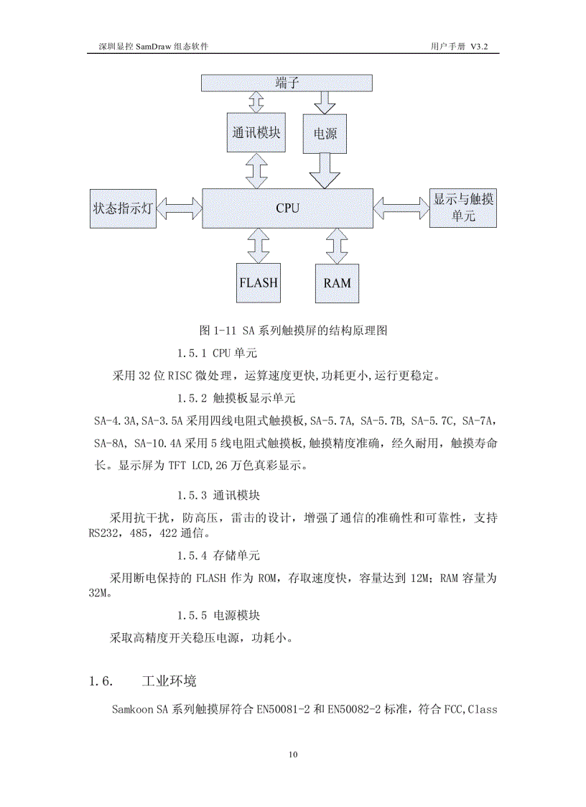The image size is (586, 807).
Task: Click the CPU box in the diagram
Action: pos(287,208)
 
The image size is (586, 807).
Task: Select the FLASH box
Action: pos(258,282)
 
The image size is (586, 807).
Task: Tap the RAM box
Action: pos(337,282)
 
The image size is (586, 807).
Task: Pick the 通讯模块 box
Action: pos(256,133)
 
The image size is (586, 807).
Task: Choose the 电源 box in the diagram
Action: pos(325,134)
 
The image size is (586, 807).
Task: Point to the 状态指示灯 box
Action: pos(123,209)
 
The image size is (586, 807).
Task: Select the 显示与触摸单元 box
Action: pos(464,208)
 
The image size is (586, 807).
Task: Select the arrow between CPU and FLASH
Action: pos(257,246)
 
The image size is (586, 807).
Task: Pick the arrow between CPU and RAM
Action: pos(335,246)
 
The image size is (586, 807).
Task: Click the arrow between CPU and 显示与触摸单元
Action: pos(401,208)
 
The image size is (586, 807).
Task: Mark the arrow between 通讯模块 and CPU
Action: pos(256,170)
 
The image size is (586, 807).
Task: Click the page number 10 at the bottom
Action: pos(292,755)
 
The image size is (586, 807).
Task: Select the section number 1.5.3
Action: pos(191,495)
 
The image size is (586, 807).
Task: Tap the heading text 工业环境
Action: pos(169,681)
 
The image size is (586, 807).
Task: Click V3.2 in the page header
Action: pos(484,46)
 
